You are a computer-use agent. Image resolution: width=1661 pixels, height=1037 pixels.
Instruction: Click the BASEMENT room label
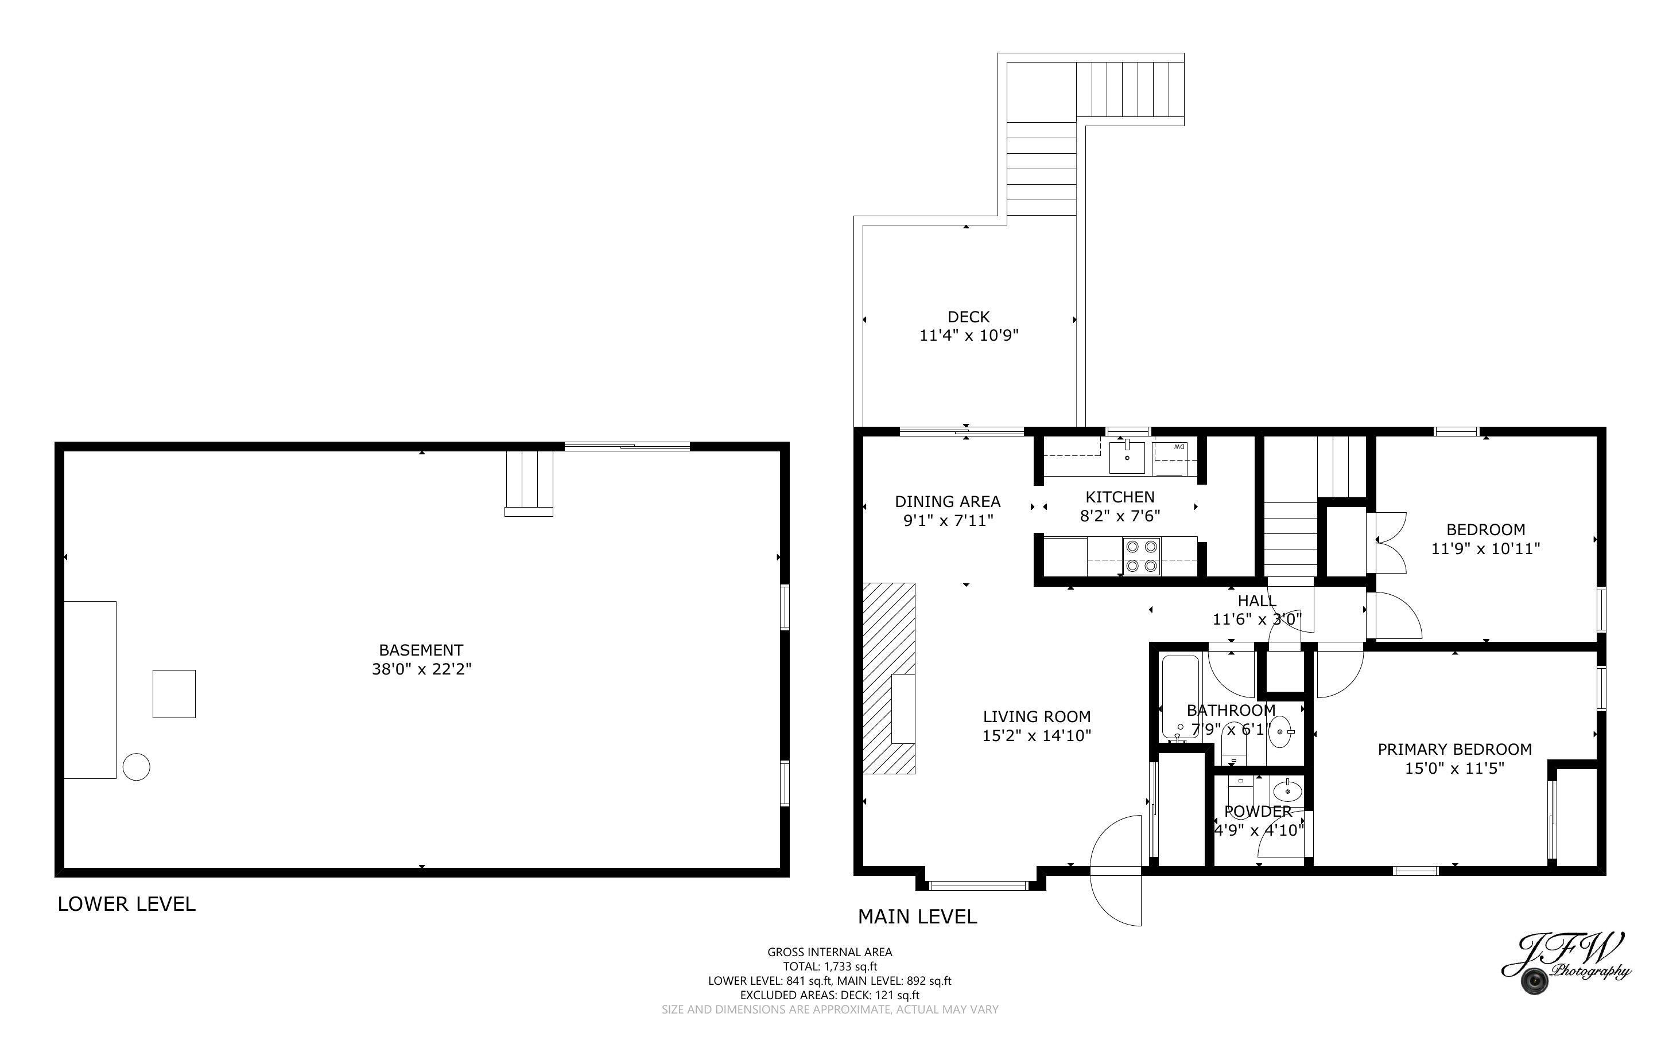(421, 649)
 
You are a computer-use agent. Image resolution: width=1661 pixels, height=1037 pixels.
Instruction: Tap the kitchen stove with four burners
(1141, 556)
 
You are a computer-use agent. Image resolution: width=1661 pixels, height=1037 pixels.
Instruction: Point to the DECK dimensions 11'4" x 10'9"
(968, 336)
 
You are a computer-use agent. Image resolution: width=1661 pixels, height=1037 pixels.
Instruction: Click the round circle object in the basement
(136, 767)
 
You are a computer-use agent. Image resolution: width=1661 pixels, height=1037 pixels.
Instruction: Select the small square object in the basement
(173, 693)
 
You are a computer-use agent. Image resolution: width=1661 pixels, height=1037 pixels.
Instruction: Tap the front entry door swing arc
(1116, 870)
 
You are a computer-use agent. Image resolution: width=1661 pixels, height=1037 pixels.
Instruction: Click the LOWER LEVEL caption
(126, 904)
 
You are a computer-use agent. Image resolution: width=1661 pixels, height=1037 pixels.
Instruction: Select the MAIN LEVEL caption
(917, 917)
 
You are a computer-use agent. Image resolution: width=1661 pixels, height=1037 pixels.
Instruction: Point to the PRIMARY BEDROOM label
(1454, 749)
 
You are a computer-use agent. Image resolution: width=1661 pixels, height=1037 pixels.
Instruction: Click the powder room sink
(1287, 792)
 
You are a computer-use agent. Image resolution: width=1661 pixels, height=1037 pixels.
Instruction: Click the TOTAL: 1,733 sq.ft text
(829, 966)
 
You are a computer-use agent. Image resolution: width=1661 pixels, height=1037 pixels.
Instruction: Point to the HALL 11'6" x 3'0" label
(1256, 610)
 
